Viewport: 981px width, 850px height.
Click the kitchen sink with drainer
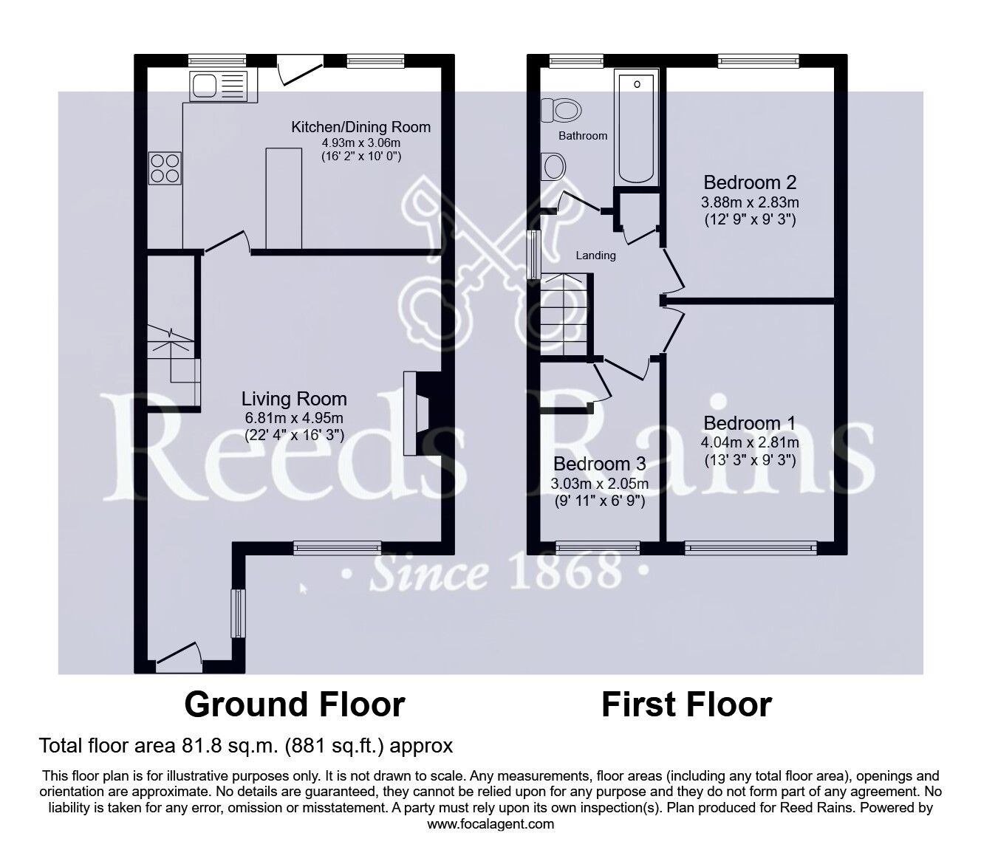pyautogui.click(x=219, y=86)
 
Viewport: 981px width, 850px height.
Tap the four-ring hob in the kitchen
pyautogui.click(x=165, y=168)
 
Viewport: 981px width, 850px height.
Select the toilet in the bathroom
pyautogui.click(x=561, y=110)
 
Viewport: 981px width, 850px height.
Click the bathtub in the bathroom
pyautogui.click(x=637, y=128)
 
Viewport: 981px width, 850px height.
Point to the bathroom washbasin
pyautogui.click(x=553, y=167)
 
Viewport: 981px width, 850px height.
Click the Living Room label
pyautogui.click(x=294, y=399)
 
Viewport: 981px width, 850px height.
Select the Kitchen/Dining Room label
pyautogui.click(x=360, y=127)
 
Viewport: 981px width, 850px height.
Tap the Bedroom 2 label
pyautogui.click(x=750, y=182)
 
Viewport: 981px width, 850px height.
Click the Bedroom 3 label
pyautogui.click(x=600, y=464)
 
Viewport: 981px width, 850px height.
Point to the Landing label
pyautogui.click(x=595, y=256)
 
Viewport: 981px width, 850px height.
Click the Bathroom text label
pyautogui.click(x=583, y=136)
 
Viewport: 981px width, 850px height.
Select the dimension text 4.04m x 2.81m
pyautogui.click(x=750, y=443)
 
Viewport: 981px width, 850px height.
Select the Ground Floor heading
pyautogui.click(x=295, y=705)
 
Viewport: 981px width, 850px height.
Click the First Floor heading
pyautogui.click(x=687, y=705)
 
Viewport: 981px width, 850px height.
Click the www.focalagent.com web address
pyautogui.click(x=490, y=824)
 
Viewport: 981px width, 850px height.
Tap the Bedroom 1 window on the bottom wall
pyautogui.click(x=751, y=548)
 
